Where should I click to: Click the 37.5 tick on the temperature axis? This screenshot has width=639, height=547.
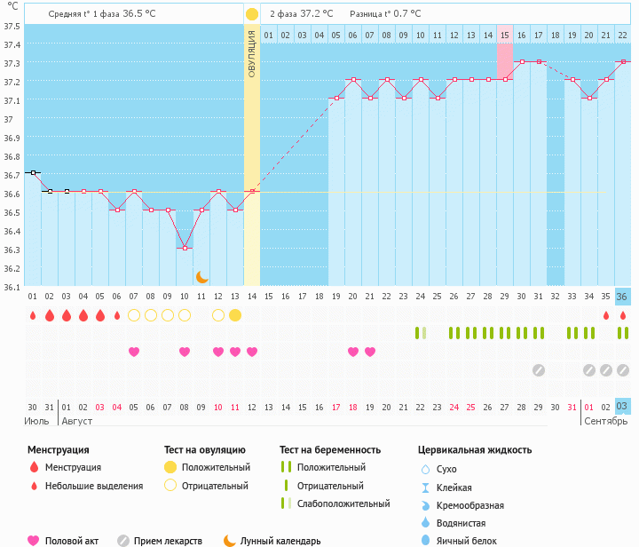coord(12,26)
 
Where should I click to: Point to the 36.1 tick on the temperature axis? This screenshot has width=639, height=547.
coord(12,287)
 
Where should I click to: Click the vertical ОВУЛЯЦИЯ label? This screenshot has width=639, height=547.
coord(252,53)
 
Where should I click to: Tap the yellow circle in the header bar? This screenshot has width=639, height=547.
coord(252,14)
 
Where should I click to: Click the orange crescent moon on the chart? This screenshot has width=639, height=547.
coord(202,277)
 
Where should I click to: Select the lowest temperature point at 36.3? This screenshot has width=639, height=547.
coord(185,248)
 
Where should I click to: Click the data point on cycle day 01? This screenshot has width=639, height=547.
coord(33,172)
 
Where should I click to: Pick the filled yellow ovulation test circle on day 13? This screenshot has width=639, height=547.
coord(235,315)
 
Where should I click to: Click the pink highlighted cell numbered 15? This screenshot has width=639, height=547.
coord(504,35)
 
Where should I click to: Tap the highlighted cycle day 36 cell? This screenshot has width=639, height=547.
coord(622,297)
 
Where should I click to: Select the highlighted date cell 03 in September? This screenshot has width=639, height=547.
coord(622,407)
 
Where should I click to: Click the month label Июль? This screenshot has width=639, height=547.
coord(36,420)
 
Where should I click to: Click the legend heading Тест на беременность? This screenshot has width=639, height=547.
coord(330,450)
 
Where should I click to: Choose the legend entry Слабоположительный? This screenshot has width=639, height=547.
coord(343,503)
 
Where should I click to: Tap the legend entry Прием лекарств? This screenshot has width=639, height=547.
coord(168,540)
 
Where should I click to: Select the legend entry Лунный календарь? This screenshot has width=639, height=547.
coord(280,540)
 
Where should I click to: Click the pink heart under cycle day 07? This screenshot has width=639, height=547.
coord(134,352)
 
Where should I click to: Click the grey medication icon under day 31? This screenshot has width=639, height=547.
coord(538,370)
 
